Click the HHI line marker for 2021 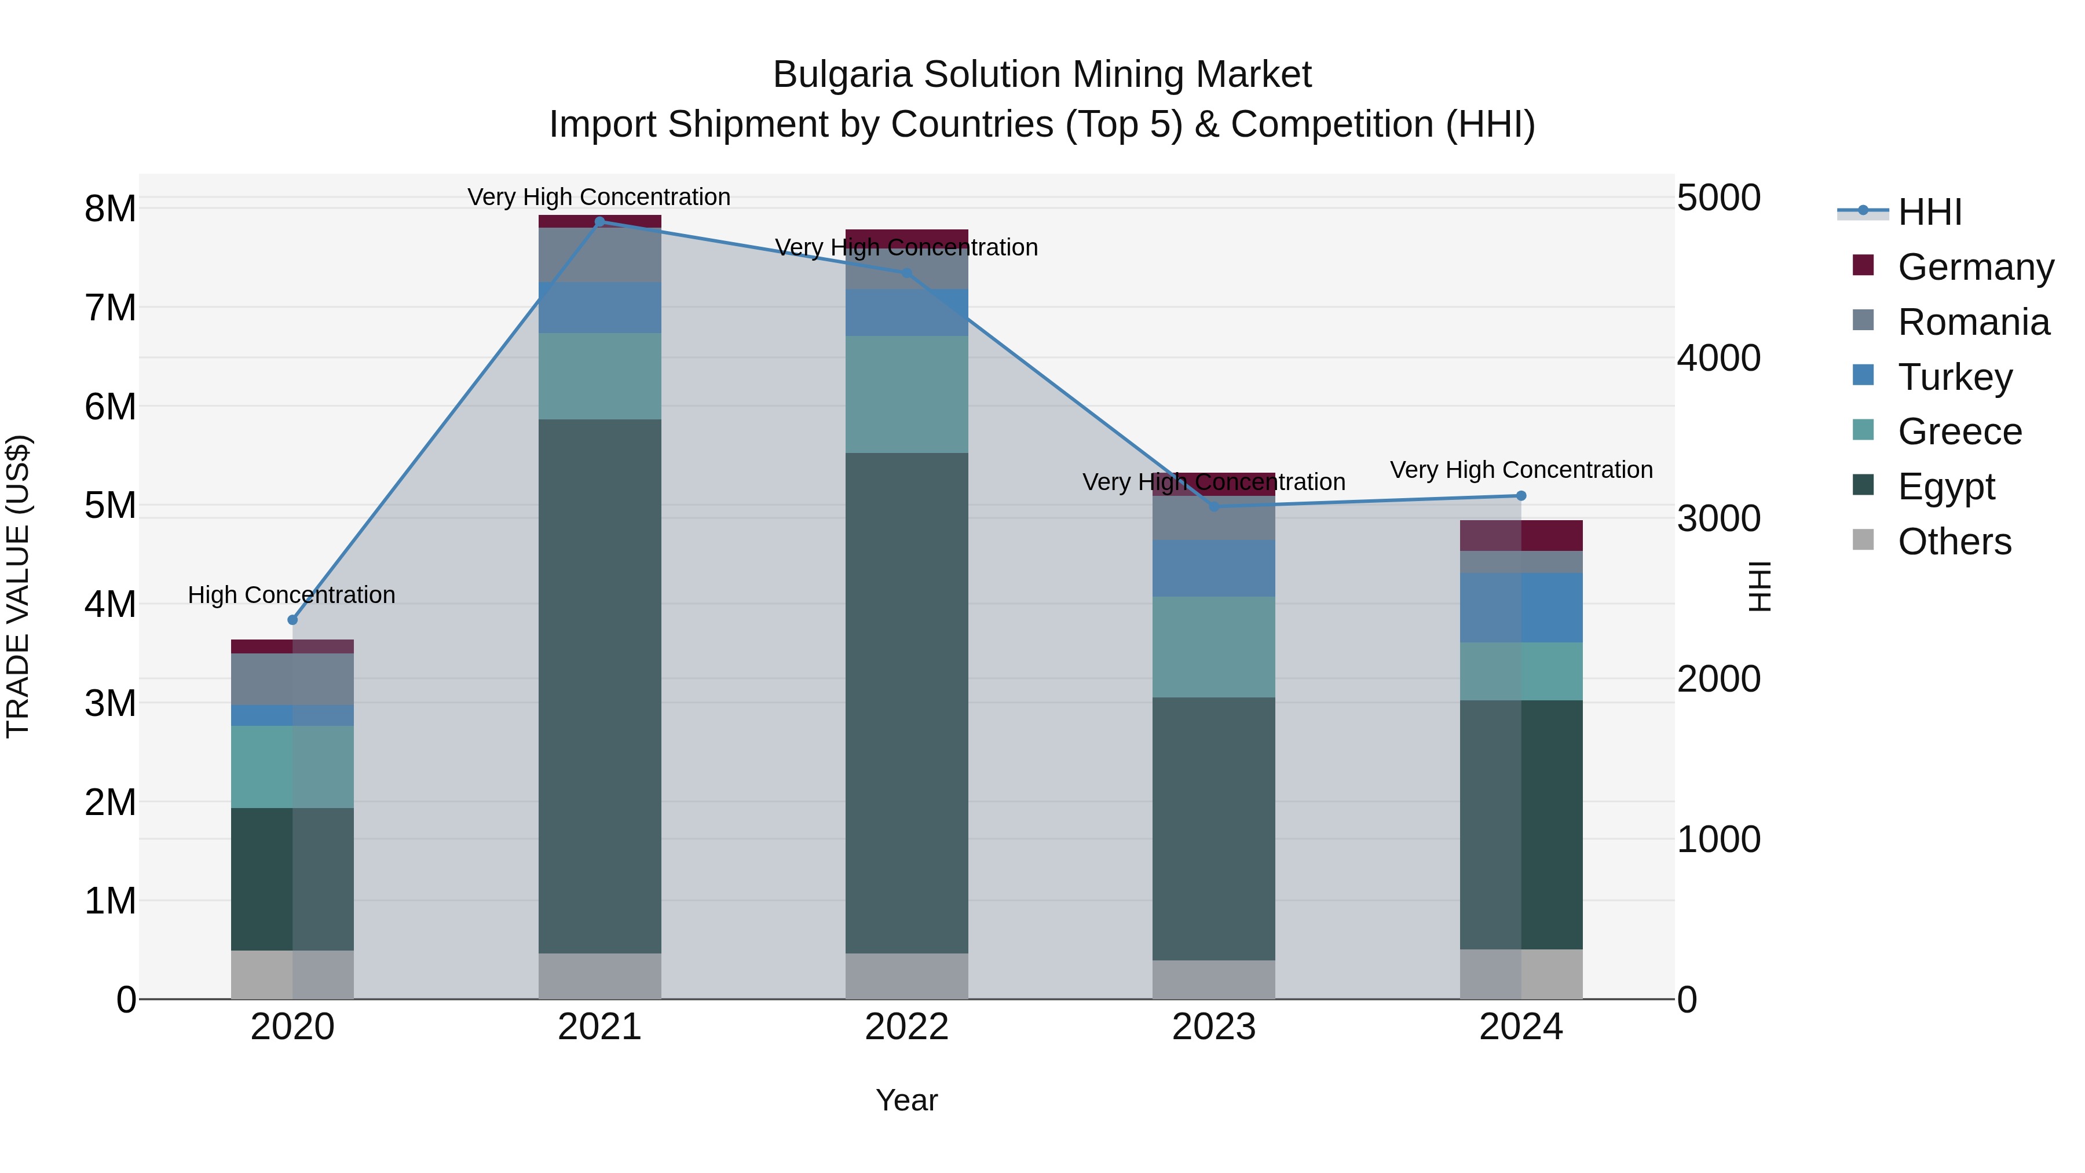click(600, 222)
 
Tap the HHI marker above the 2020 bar click(293, 620)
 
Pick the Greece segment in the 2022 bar click(906, 394)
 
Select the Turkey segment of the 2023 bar click(1213, 568)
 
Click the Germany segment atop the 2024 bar click(1521, 535)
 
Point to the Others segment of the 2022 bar click(906, 975)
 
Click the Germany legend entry click(1975, 267)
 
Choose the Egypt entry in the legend click(1946, 487)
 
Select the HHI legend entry click(1930, 212)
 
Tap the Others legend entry click(1954, 542)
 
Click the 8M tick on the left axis click(110, 209)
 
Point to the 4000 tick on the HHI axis click(1718, 358)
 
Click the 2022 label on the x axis click(906, 1027)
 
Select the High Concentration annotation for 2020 click(291, 595)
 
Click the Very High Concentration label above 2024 click(1521, 470)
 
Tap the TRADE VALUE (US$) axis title click(18, 586)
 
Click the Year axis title click(906, 1100)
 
